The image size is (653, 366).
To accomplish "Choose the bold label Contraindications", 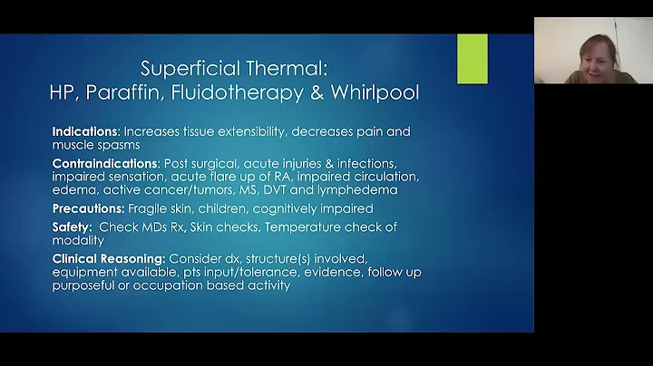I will tap(104, 162).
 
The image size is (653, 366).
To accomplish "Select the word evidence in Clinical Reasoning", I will tap(337, 272).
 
